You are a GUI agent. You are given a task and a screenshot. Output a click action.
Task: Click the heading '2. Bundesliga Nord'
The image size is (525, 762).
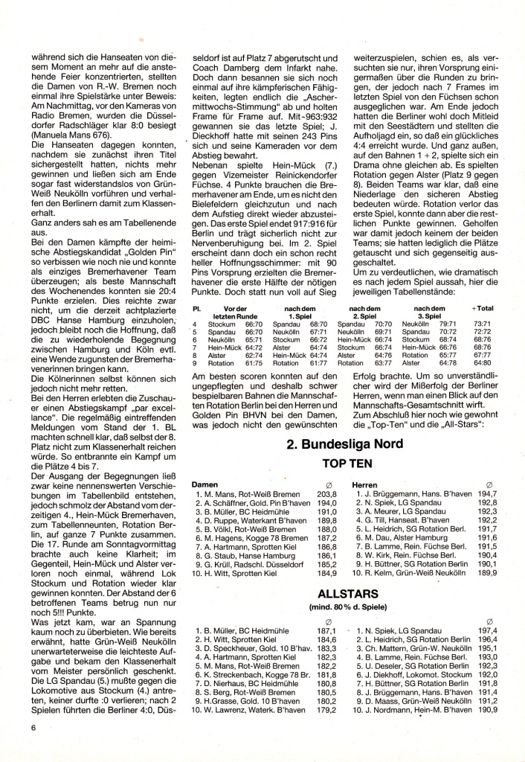(344, 445)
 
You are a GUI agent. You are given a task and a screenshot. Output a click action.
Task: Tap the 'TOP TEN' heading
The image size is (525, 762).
(344, 462)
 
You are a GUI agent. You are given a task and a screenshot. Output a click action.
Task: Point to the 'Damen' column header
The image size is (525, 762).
(205, 484)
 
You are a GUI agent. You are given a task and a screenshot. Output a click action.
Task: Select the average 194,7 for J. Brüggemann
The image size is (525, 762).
(487, 494)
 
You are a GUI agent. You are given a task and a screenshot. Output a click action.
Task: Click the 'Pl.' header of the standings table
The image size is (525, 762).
(196, 308)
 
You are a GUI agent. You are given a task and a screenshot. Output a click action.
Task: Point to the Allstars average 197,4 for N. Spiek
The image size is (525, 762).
(487, 630)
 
